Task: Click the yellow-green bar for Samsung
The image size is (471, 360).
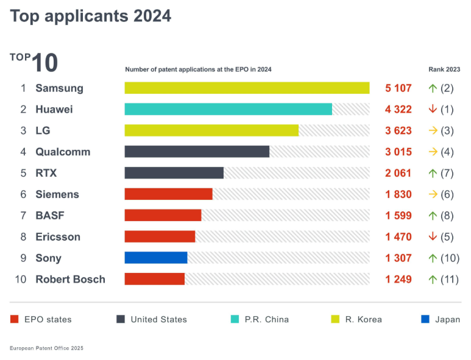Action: (247, 88)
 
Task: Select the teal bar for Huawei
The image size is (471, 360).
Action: (228, 109)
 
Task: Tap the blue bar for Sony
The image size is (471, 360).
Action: (156, 258)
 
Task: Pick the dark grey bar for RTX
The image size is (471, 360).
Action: (174, 172)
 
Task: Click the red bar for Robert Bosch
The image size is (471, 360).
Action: (155, 279)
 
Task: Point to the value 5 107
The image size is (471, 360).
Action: (398, 88)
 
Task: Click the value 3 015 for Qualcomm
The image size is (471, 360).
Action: (398, 152)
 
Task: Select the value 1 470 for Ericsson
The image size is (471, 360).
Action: (398, 236)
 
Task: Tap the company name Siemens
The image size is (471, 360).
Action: (57, 194)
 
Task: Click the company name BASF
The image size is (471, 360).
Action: (50, 215)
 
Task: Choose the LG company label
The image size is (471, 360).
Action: (42, 130)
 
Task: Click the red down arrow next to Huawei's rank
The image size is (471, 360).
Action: (433, 109)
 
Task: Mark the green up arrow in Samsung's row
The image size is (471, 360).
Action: (433, 88)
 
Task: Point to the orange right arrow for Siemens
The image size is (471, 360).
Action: (433, 194)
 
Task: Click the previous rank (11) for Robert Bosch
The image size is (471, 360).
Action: (450, 279)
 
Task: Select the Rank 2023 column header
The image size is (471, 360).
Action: (444, 69)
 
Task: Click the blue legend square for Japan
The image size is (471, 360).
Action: (425, 319)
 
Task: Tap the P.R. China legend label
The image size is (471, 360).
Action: (267, 319)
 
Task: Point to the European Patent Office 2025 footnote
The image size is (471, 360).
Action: (46, 348)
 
